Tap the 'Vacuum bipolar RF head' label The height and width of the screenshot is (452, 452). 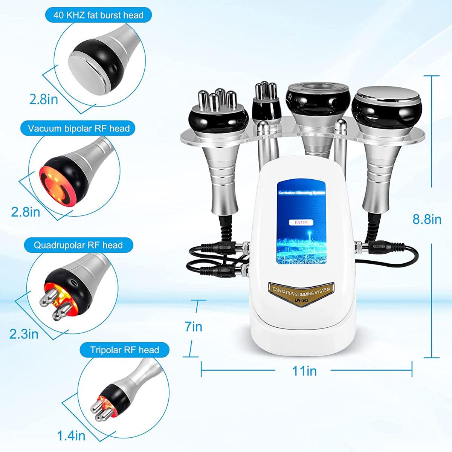(79, 128)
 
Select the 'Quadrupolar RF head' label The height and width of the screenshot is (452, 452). (78, 245)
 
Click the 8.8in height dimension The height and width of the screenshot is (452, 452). (427, 219)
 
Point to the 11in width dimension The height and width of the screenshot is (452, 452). (304, 371)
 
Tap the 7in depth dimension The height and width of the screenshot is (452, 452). (194, 327)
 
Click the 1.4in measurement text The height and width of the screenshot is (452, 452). (71, 436)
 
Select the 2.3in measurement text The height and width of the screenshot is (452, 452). (24, 334)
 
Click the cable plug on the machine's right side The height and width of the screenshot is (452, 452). (370, 247)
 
